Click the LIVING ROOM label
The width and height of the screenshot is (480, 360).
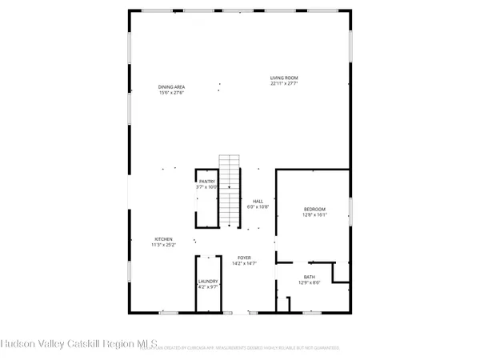(x=290, y=78)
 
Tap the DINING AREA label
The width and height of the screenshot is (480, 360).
(x=172, y=87)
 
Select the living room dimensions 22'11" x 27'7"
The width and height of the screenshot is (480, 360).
(x=290, y=83)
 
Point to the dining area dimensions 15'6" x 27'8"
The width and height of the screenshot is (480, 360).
(x=172, y=93)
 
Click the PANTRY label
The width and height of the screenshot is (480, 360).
(x=208, y=182)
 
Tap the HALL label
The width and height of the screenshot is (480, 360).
(x=258, y=201)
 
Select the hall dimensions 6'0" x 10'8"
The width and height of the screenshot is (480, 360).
(x=258, y=206)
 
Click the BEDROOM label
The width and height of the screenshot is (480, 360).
(x=314, y=209)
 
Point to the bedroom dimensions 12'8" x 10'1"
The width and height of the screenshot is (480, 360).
(x=314, y=214)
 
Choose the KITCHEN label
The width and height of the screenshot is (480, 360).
(x=164, y=239)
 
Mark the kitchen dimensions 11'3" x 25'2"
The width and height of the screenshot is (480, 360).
(x=164, y=245)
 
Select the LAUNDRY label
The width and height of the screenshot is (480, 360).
(x=208, y=282)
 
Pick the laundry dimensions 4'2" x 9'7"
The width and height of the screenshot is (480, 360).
(x=208, y=287)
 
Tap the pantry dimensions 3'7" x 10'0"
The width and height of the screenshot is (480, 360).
(x=208, y=187)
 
